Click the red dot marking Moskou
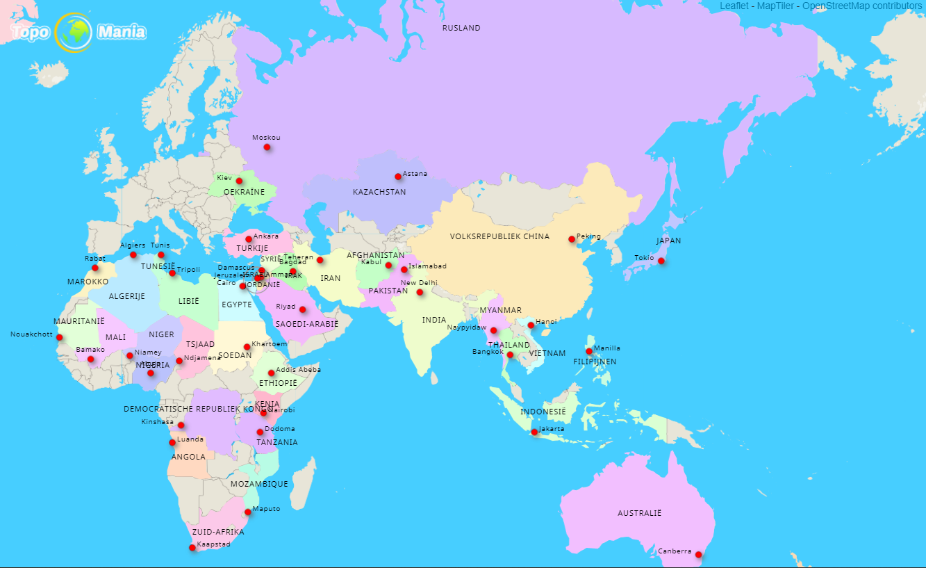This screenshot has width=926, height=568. pyautogui.click(x=267, y=147)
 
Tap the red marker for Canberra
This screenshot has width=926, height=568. pyautogui.click(x=699, y=555)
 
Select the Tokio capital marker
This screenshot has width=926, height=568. pyautogui.click(x=661, y=261)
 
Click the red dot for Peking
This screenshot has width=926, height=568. pyautogui.click(x=572, y=239)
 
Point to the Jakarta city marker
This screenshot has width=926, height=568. pyautogui.click(x=534, y=432)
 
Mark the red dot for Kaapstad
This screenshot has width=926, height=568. pyautogui.click(x=192, y=548)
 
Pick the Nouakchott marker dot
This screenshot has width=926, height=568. pyautogui.click(x=59, y=338)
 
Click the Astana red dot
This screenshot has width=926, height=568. pyautogui.click(x=398, y=177)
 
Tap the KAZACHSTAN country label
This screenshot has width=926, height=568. pyautogui.click(x=379, y=192)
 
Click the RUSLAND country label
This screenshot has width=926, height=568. pyautogui.click(x=461, y=28)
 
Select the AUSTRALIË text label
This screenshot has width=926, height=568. pyautogui.click(x=640, y=513)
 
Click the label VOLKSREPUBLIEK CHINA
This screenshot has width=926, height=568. pyautogui.click(x=499, y=236)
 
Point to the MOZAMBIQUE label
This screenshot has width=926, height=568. pyautogui.click(x=259, y=484)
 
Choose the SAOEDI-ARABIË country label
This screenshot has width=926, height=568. pyautogui.click(x=306, y=324)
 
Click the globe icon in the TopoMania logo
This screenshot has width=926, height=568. pyautogui.click(x=73, y=32)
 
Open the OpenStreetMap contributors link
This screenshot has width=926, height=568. pyautogui.click(x=862, y=6)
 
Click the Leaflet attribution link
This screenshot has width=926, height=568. pyautogui.click(x=735, y=6)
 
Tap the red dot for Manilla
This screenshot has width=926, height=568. pyautogui.click(x=589, y=351)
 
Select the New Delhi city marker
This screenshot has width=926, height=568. pyautogui.click(x=420, y=292)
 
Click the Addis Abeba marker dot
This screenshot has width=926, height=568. pyautogui.click(x=271, y=373)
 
